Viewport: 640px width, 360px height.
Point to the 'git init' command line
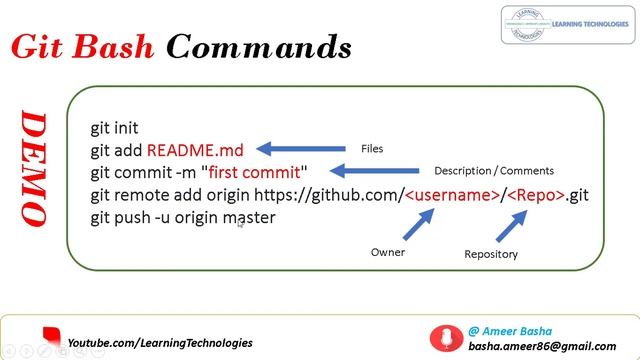coord(114,128)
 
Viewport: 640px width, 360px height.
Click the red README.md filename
coord(197,150)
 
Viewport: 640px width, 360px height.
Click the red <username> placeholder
coord(453,194)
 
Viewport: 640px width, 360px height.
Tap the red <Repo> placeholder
coord(537,194)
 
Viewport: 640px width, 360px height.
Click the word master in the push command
coord(248,217)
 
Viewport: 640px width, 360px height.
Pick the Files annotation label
coord(371,148)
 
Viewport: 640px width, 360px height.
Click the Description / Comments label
coord(493,170)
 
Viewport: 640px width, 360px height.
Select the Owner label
coord(388,252)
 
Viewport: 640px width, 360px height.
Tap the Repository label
coord(491,254)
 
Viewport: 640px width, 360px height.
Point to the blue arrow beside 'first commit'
coord(369,171)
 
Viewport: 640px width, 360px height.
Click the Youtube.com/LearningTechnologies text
coord(160,343)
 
